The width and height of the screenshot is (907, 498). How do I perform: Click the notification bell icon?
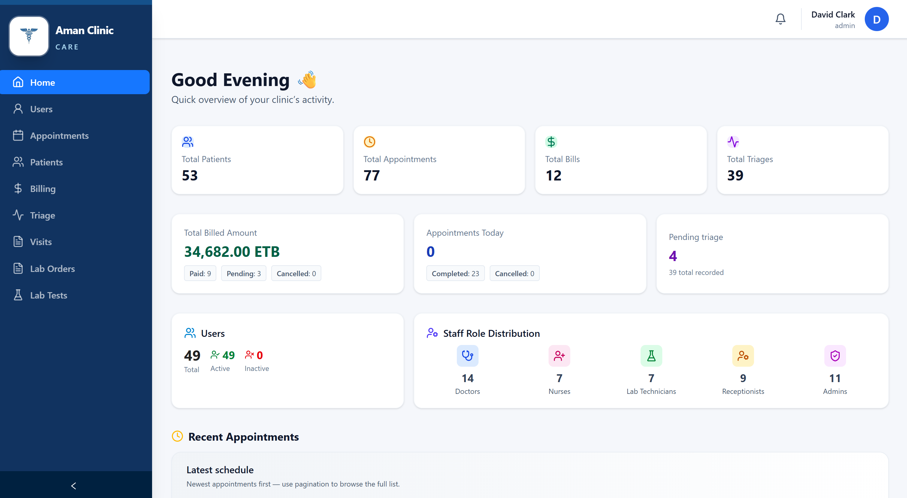click(x=780, y=19)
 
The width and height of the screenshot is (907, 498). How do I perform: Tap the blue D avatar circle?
click(x=876, y=19)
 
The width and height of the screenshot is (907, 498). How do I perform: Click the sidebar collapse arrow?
click(x=74, y=486)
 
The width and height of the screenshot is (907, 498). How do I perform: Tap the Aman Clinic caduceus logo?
click(x=29, y=36)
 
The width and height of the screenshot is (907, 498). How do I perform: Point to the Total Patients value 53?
click(x=190, y=175)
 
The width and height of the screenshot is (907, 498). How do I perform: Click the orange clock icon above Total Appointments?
click(x=369, y=142)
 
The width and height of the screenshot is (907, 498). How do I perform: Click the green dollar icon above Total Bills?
click(x=551, y=142)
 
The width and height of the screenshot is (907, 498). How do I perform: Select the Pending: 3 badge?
click(x=244, y=273)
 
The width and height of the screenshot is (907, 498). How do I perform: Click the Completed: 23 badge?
click(x=455, y=273)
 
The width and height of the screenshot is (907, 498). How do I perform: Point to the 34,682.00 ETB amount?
click(x=232, y=251)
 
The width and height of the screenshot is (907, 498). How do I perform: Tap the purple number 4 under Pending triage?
click(x=673, y=256)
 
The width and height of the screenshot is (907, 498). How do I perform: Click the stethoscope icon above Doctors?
click(x=467, y=356)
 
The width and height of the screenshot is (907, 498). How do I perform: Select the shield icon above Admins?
click(x=835, y=356)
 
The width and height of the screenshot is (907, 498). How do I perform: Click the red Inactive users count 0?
click(x=259, y=355)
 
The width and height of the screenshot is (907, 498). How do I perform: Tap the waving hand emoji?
click(x=307, y=80)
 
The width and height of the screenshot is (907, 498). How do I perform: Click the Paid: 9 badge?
click(x=200, y=273)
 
